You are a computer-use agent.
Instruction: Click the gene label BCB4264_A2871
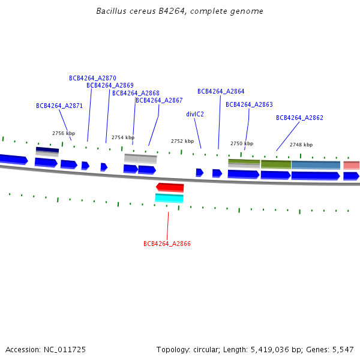click(x=59, y=106)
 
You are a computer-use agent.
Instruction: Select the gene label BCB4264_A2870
click(x=92, y=78)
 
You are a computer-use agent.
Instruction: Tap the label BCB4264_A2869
click(x=110, y=85)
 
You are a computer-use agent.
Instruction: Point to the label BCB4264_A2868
click(x=136, y=93)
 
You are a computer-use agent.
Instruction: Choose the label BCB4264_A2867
click(x=159, y=100)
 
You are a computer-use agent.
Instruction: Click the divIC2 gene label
click(x=195, y=114)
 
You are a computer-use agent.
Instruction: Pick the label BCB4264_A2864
click(x=221, y=91)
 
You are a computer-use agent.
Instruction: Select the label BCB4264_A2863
click(x=249, y=104)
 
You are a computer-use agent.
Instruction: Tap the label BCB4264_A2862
click(x=299, y=118)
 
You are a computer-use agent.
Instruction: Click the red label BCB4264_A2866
click(x=167, y=244)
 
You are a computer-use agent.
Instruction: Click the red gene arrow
click(x=170, y=187)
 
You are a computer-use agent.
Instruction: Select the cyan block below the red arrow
click(x=169, y=198)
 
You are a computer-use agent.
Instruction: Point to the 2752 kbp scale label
click(x=182, y=141)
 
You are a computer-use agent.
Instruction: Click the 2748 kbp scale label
click(x=301, y=145)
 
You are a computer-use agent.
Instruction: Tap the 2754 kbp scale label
click(x=123, y=137)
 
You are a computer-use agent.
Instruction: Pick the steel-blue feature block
click(x=316, y=166)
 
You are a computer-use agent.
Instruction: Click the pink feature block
click(x=352, y=166)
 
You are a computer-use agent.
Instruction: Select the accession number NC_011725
click(x=65, y=350)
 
